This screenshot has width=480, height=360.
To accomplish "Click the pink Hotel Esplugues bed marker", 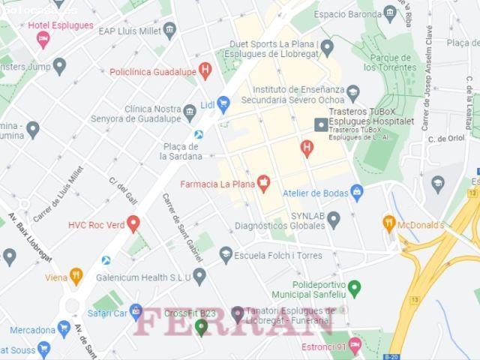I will pos(43,38).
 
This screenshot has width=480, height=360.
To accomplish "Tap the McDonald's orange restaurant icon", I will pos(388,223).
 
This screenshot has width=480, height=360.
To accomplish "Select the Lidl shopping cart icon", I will pos(223,105).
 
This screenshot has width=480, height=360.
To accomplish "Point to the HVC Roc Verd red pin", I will pos(133,223).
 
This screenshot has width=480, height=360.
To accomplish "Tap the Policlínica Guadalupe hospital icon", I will pos(205,71).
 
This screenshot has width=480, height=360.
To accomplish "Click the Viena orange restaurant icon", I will pos(76,276).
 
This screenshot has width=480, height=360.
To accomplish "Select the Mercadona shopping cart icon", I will pos(64,328).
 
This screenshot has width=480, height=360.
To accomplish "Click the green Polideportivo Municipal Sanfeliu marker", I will pos(354,288).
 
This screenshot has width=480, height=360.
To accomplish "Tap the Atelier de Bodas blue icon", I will pos(357,193).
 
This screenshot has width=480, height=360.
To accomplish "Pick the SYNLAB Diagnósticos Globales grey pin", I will pos(334,219).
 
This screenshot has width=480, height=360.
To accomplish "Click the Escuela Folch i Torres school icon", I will pos(226,255).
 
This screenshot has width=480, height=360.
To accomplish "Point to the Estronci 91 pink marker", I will pos(355,346).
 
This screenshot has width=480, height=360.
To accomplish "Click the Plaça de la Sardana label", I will pos(181,151).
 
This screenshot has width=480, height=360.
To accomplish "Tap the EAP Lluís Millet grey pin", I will pos(169,31).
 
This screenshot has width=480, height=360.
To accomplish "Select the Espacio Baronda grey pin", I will pos(389,13).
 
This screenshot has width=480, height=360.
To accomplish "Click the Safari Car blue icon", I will pos(136,310).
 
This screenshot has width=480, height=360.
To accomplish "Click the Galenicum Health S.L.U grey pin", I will pos(199,276).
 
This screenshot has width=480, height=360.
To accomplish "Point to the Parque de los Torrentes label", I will pos(389,62).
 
